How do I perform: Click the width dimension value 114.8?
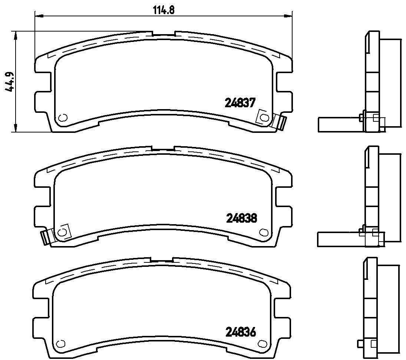coord(164,10)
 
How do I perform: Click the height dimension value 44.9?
coord(11,81)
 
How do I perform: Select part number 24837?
coord(240,103)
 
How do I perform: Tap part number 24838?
coord(242,218)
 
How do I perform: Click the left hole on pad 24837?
coord(63,117)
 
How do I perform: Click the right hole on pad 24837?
coord(264,117)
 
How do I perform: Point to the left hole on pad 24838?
coord(62,232)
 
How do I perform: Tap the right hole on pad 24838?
coord(264,232)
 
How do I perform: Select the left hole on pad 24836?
coord(60,344)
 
